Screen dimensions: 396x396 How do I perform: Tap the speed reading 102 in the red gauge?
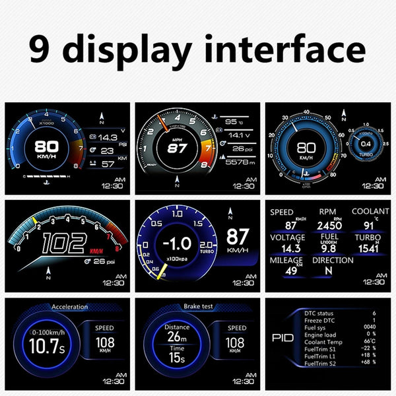tap(63, 245)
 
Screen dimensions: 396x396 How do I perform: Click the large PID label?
tap(282, 338)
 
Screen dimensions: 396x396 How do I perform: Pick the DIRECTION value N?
tap(329, 271)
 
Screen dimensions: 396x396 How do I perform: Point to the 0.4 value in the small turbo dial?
tap(365, 144)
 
